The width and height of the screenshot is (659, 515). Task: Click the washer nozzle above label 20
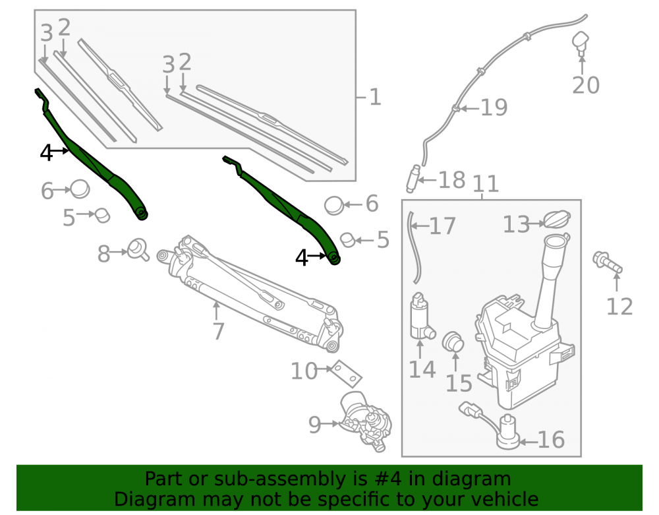pos(581,43)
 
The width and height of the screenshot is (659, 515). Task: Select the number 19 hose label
pos(494,107)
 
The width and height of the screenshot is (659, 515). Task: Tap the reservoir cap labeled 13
pos(558,220)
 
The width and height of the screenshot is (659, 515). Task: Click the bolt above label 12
pos(608,262)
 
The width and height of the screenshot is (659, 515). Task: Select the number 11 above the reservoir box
pos(486,184)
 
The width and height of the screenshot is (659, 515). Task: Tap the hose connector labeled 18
pos(414,179)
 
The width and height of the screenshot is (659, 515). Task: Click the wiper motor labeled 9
pos(366,421)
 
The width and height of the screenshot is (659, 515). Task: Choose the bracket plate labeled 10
pos(346,374)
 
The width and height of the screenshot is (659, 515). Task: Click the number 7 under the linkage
pos(218,331)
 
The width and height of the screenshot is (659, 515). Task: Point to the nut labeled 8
pos(138,250)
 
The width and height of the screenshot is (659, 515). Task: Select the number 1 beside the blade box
pos(375,98)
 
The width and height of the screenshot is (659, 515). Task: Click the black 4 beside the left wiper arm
pos(46,153)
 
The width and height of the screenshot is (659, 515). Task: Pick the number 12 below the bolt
pos(619,307)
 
